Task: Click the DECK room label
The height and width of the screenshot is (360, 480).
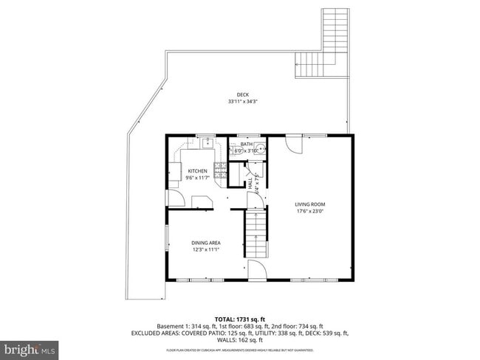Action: [243, 94]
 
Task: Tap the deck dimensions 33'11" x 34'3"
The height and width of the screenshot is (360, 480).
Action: [243, 101]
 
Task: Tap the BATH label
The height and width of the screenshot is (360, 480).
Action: [246, 144]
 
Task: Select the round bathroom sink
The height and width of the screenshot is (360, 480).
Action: [261, 149]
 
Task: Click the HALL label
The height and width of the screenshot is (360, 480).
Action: [250, 181]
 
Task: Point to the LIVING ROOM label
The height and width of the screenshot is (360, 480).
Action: [310, 204]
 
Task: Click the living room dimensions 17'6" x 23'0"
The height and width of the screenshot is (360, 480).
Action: [310, 212]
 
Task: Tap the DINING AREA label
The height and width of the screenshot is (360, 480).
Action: [206, 243]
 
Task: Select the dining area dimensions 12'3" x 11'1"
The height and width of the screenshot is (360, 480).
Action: [206, 250]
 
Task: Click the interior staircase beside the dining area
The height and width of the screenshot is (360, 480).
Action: [255, 232]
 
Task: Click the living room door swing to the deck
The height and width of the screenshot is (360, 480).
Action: [293, 144]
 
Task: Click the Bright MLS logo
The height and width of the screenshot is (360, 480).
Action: [30, 347]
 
